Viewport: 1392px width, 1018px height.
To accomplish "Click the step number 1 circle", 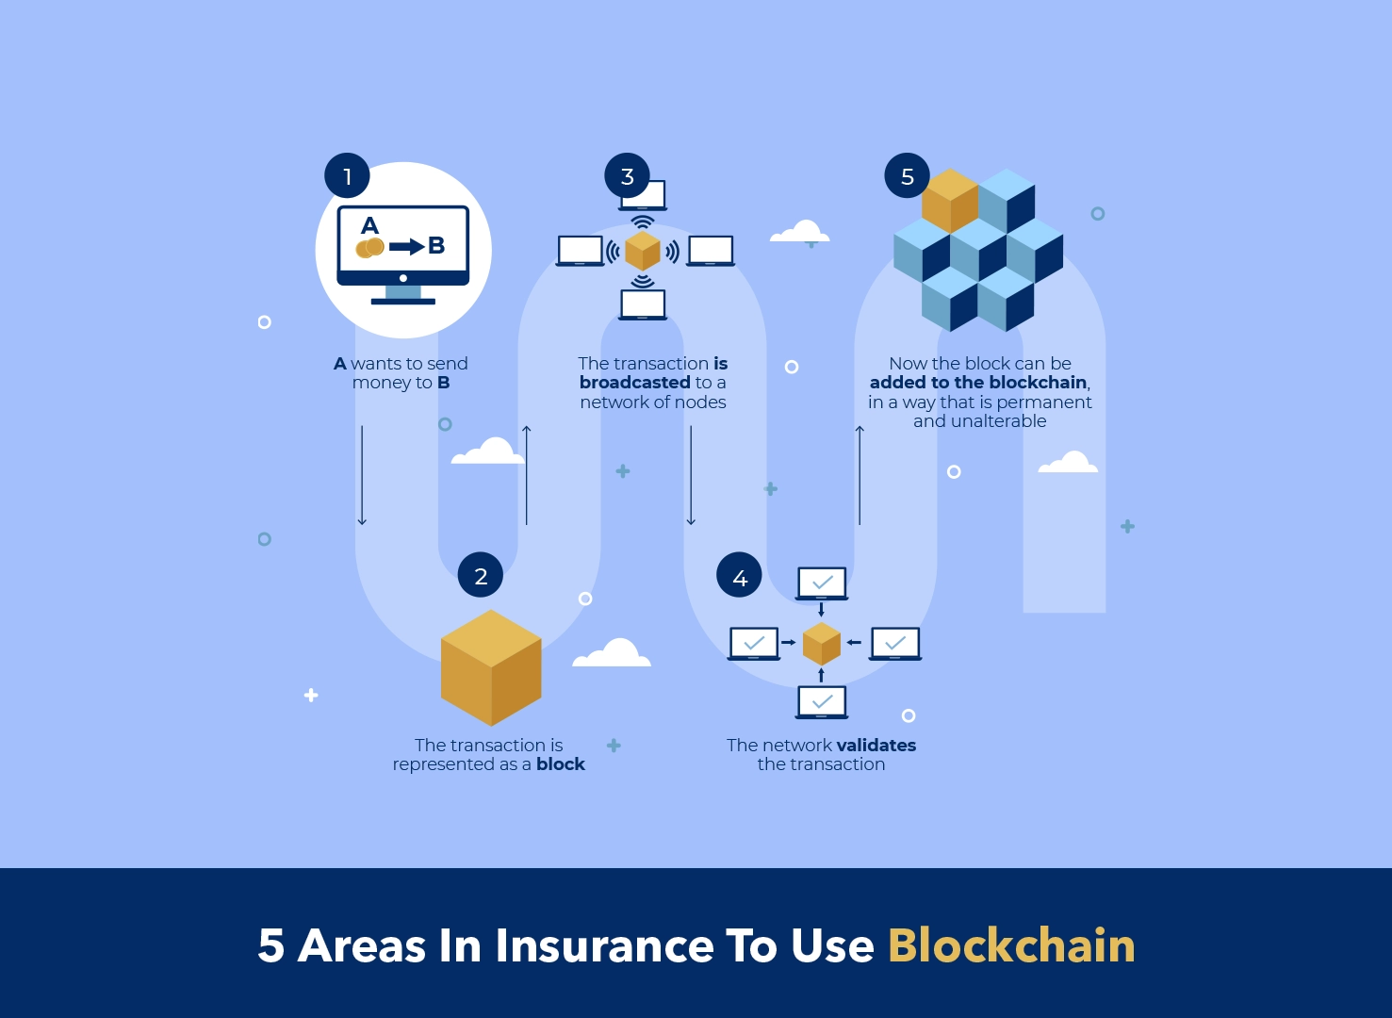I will [x=347, y=176].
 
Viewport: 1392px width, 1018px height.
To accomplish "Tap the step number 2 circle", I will [x=481, y=576].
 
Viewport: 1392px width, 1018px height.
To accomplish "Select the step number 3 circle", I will [x=628, y=176].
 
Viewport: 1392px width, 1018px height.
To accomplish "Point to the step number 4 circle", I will [x=740, y=577].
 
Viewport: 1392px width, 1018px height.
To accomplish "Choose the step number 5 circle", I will [x=908, y=176].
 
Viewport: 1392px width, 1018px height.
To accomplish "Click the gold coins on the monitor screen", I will [x=369, y=248].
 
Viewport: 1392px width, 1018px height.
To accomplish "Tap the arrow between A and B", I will [x=406, y=246].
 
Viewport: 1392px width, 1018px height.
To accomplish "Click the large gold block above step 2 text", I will [x=491, y=667].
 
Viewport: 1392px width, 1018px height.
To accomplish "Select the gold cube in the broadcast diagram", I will [x=643, y=251].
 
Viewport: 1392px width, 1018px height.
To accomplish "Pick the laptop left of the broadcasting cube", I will [x=580, y=251].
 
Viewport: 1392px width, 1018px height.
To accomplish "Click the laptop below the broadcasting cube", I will [x=643, y=304].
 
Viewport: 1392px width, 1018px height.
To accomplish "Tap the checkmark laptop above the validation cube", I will [x=822, y=583].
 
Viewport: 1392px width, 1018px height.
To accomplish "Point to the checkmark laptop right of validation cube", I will [x=895, y=644].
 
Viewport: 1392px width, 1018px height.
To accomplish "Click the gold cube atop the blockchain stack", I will [x=949, y=199].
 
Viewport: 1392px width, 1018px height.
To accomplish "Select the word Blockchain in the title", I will [x=1011, y=945].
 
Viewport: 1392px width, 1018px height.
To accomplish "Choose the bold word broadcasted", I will [x=635, y=383].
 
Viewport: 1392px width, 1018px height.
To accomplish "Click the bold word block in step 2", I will [x=561, y=764].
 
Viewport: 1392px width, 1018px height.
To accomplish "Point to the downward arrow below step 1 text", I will [x=362, y=476].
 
